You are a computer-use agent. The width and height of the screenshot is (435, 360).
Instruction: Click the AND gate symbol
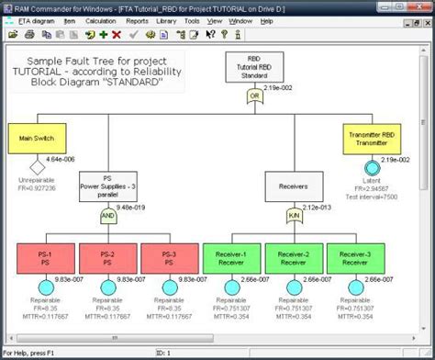point(108,218)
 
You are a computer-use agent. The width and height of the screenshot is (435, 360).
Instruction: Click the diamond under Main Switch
point(37,168)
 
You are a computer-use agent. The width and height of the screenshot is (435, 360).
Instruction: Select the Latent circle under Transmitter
point(373,168)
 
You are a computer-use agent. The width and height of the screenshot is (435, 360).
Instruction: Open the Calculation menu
point(100,19)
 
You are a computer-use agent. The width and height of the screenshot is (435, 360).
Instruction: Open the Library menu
point(166,19)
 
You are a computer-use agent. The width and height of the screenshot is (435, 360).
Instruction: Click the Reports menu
point(137,19)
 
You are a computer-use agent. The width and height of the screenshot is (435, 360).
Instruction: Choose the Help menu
point(266,19)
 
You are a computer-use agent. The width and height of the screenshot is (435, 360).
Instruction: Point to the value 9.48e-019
point(136,207)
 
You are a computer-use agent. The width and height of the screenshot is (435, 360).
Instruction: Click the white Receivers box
point(294,186)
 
